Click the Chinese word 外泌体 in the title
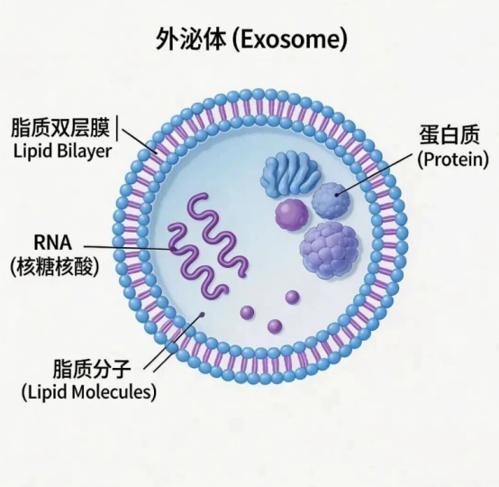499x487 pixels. tap(191, 39)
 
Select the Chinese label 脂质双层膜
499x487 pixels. tap(60, 128)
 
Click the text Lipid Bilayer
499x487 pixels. tap(62, 152)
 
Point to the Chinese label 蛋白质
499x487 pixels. tap(449, 135)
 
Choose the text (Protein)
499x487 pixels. tap(453, 160)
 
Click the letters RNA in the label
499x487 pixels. tap(52, 243)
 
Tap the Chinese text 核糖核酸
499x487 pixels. tap(54, 267)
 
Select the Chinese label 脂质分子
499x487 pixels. tap(92, 369)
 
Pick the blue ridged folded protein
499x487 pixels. tap(291, 174)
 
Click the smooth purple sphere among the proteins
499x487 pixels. tap(292, 214)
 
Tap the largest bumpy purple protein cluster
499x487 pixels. tap(330, 250)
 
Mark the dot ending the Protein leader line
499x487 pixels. tap(337, 194)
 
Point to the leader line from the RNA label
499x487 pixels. tap(128, 247)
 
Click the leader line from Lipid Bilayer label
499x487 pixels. tap(139, 141)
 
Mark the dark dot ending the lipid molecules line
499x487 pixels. tap(202, 315)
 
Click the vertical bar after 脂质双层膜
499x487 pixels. tap(117, 129)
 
